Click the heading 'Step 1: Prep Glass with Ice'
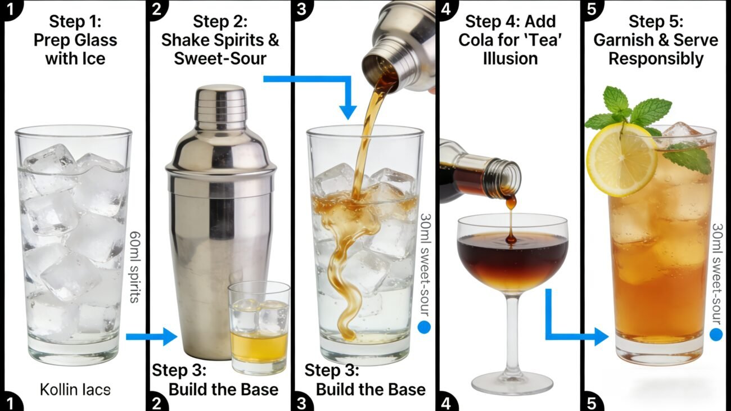coord(75,40)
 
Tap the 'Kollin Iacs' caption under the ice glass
coord(75,389)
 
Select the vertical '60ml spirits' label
coord(134,267)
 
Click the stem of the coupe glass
coord(512,332)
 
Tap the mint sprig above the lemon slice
coord(630,110)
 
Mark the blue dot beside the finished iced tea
coord(716,335)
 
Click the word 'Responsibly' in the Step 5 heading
coord(656,58)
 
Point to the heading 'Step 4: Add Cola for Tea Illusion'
coord(509,40)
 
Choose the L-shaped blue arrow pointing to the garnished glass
coord(568,332)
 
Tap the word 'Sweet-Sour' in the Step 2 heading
coord(220,58)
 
